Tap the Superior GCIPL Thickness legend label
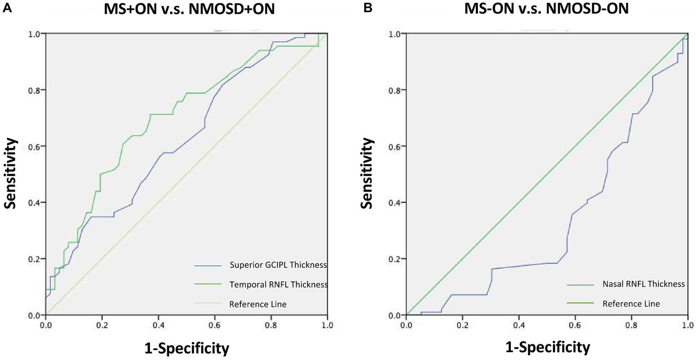click(x=278, y=265)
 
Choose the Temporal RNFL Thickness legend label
click(x=278, y=285)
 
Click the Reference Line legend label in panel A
click(x=258, y=304)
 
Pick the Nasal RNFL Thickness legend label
click(x=643, y=284)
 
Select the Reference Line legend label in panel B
click(x=631, y=304)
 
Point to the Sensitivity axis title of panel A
click(x=10, y=173)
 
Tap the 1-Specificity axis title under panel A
click(x=187, y=348)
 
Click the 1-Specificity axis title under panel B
click(x=548, y=348)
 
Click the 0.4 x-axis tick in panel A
click(x=158, y=325)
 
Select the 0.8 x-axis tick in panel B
click(x=632, y=325)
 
